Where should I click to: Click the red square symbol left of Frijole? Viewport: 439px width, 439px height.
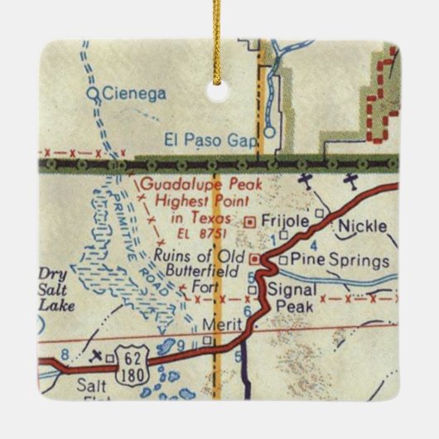pos(252,222)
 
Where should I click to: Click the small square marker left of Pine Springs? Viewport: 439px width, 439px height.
pos(282,260)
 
